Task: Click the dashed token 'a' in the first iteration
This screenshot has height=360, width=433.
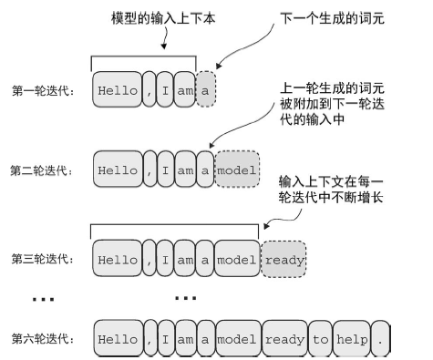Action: pyautogui.click(x=207, y=91)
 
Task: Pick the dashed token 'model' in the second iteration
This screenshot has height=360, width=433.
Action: pyautogui.click(x=236, y=170)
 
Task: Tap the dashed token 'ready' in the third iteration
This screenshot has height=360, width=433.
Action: pyautogui.click(x=284, y=258)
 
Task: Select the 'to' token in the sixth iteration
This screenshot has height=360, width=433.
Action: pyautogui.click(x=320, y=339)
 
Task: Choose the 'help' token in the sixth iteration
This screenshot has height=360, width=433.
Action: pyautogui.click(x=353, y=339)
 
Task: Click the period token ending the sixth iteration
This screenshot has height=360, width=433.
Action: pyautogui.click(x=381, y=339)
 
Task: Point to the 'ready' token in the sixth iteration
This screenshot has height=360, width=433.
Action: pyautogui.click(x=284, y=339)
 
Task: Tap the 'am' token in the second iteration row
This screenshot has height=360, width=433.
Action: pyautogui.click(x=185, y=170)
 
